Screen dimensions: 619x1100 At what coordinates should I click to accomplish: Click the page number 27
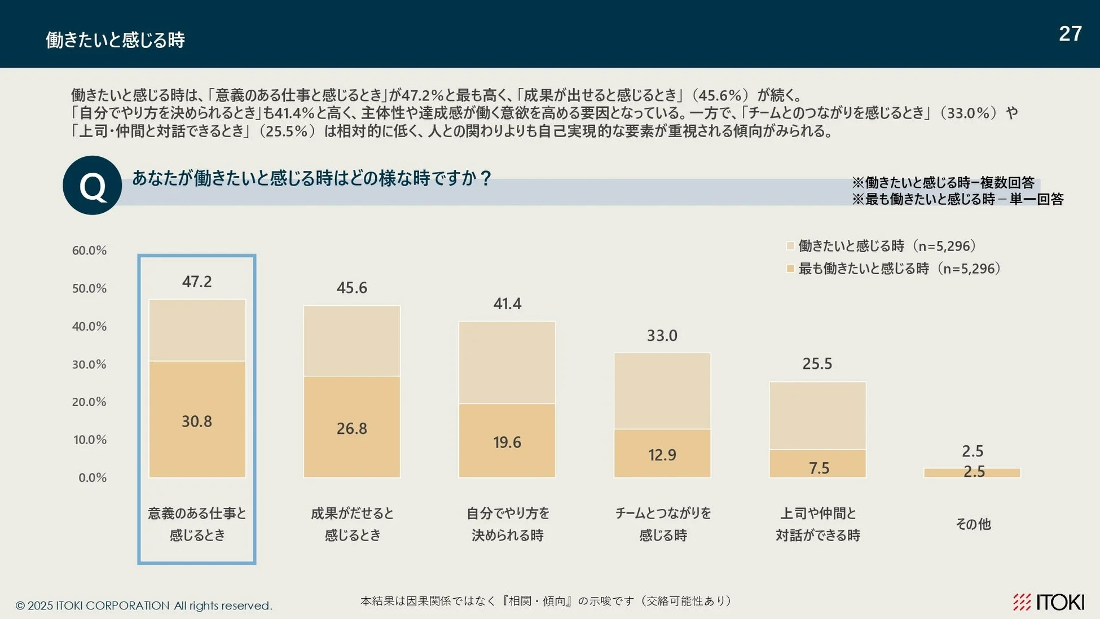1070,34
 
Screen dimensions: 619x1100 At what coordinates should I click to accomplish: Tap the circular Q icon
92,186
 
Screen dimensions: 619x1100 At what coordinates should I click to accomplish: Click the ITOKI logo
1048,602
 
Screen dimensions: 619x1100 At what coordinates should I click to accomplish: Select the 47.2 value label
197,282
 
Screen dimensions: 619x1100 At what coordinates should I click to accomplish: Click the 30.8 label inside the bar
197,422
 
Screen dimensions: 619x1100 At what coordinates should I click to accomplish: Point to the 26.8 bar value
351,429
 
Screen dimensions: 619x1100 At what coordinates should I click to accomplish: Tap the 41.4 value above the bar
507,304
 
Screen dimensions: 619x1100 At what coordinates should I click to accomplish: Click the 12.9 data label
662,455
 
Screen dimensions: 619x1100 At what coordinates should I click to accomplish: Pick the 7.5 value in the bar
819,468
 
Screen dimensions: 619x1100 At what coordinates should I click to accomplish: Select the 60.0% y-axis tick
89,251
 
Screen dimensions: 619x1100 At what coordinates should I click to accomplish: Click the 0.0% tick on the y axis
93,478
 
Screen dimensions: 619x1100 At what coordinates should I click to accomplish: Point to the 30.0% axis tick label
89,365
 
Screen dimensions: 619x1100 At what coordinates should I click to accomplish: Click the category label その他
973,524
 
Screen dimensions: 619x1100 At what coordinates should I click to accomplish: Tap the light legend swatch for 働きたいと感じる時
790,246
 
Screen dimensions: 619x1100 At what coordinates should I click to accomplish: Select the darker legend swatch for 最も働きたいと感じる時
790,269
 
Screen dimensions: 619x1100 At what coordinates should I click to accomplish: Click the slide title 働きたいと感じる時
116,40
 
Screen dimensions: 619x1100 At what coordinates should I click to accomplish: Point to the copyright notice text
144,605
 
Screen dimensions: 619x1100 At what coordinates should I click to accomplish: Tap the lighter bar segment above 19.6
507,362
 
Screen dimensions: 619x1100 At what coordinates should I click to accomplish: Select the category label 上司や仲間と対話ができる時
817,524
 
